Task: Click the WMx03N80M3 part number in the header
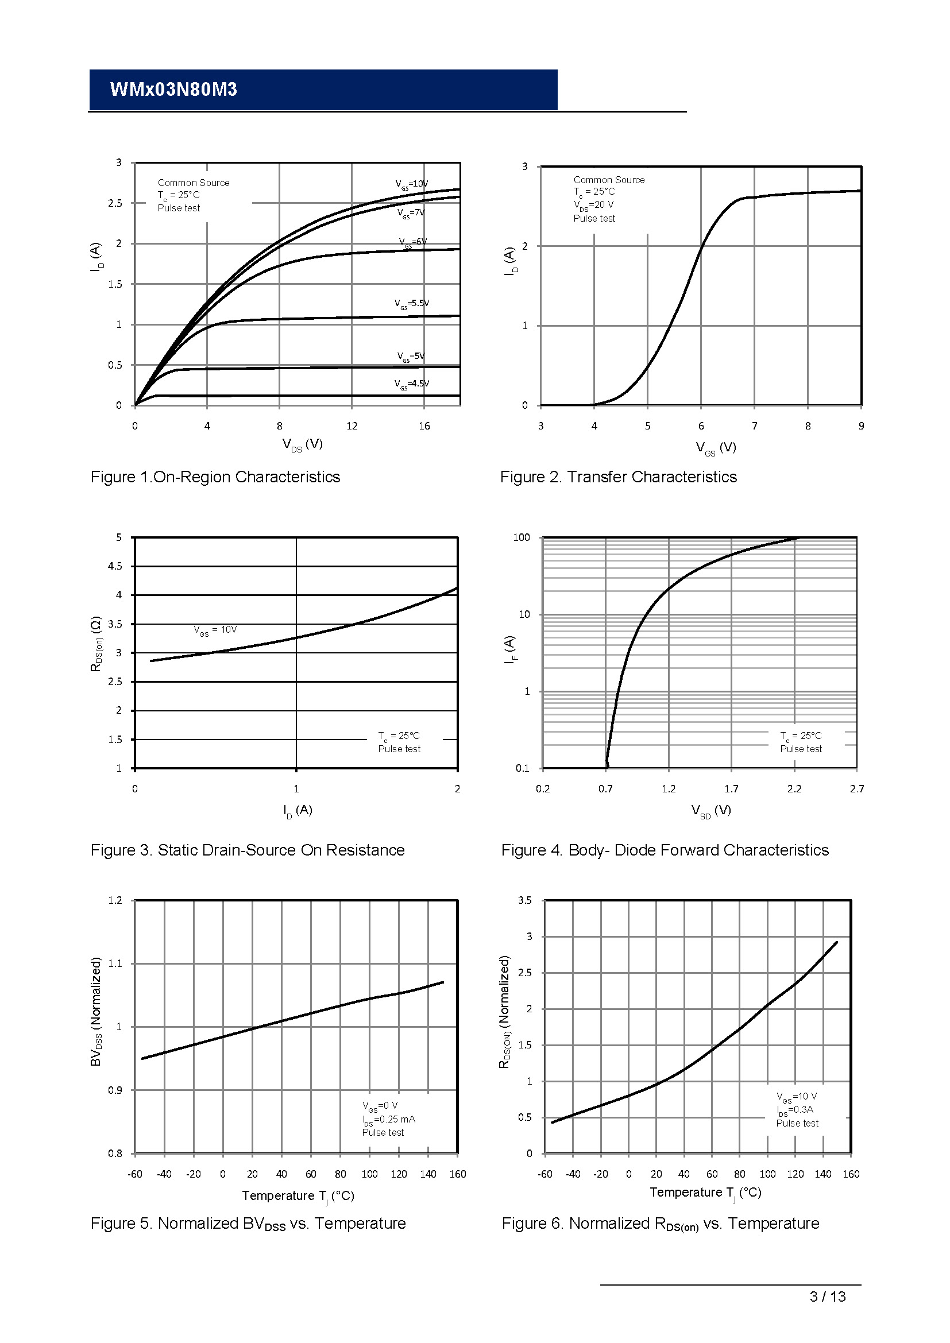[x=173, y=90]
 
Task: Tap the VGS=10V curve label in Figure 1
[x=411, y=184]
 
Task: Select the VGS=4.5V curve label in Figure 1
[x=411, y=384]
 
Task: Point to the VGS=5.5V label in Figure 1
[x=411, y=304]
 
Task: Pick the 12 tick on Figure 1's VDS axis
[x=352, y=427]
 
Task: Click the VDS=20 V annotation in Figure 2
[x=593, y=206]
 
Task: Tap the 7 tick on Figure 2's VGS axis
[x=754, y=427]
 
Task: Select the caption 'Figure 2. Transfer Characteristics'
[x=618, y=477]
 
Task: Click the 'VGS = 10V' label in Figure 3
[x=215, y=630]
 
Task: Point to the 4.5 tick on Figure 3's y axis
[x=115, y=566]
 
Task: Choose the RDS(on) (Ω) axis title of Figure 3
[x=96, y=644]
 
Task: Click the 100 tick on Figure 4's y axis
[x=521, y=537]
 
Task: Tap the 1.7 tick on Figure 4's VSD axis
[x=731, y=789]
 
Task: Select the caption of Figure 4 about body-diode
[x=665, y=850]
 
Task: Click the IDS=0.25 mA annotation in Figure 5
[x=388, y=1120]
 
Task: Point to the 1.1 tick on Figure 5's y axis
[x=115, y=963]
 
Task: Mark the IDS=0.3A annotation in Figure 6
[x=795, y=1110]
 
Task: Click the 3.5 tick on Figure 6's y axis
[x=525, y=900]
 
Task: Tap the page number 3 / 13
[x=827, y=1297]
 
